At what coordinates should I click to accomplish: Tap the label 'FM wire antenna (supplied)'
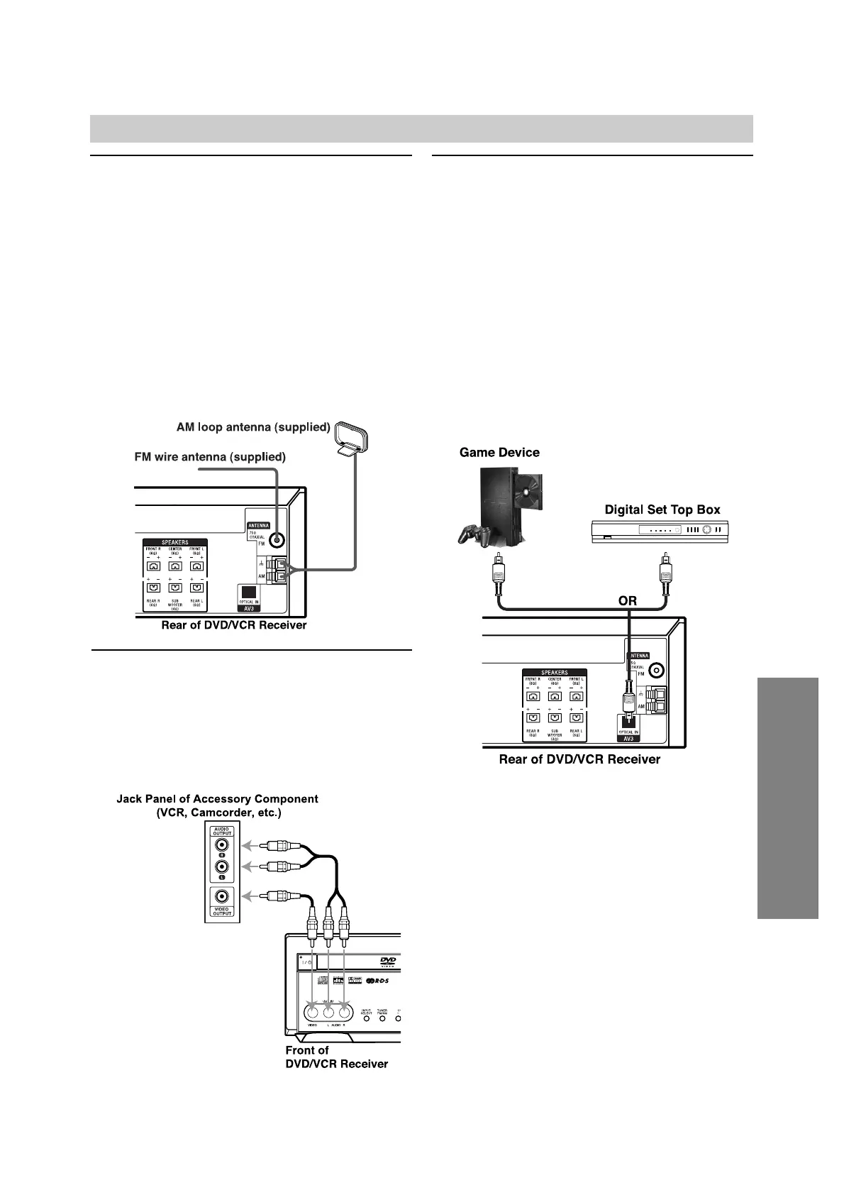(210, 457)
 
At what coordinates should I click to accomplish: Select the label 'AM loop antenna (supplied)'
(253, 427)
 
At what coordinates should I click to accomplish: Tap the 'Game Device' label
(499, 453)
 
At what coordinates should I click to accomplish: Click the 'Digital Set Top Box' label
(662, 510)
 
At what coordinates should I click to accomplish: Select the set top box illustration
(660, 531)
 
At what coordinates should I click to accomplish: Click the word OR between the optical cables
(627, 600)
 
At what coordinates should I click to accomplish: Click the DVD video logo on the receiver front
(388, 962)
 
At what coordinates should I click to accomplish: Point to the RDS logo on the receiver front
(382, 981)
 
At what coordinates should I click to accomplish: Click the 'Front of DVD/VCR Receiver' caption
(336, 1057)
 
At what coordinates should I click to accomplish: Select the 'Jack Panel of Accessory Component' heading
(217, 799)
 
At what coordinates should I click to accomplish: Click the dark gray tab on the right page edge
(787, 798)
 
